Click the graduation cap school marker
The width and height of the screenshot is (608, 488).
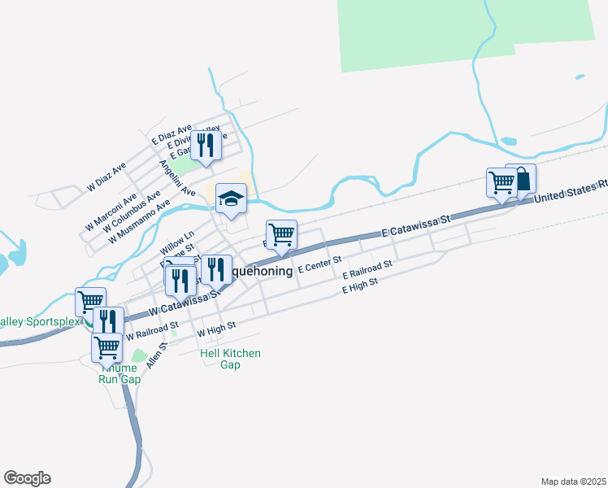231,198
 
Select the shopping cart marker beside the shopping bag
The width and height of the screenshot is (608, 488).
502,183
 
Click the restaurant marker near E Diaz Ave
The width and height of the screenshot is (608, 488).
206,145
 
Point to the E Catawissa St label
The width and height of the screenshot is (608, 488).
415,227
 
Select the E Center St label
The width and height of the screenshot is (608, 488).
323,265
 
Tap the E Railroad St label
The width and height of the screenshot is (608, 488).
367,271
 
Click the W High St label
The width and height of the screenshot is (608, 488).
216,329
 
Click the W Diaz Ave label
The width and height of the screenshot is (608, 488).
107,176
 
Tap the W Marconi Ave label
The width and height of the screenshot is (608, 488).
111,211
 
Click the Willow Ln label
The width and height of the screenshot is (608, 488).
177,242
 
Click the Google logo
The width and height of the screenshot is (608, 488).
27,478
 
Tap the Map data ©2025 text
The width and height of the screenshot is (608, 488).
572,481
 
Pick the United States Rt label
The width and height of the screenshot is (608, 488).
571,192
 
